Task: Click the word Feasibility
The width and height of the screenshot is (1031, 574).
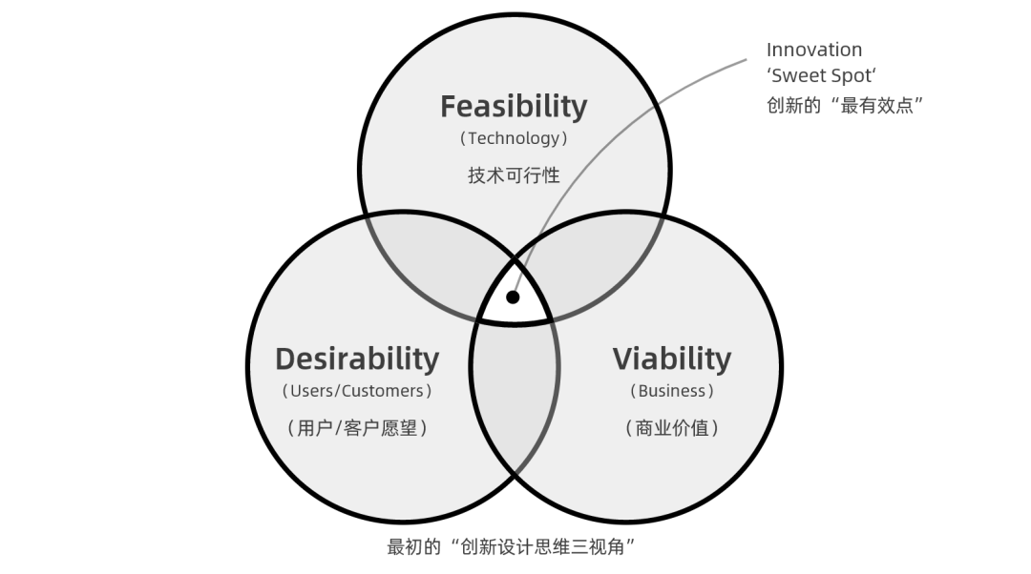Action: [514, 106]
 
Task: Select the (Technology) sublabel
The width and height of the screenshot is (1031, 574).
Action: [514, 138]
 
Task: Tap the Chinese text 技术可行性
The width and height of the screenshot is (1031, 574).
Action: [514, 175]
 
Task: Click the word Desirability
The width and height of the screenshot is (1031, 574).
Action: [357, 359]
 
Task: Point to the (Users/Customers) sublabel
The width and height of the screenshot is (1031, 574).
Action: [357, 391]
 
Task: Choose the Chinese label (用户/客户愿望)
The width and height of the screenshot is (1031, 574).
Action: [357, 428]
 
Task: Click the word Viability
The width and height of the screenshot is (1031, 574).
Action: [671, 359]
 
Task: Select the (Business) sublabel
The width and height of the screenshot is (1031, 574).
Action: [671, 391]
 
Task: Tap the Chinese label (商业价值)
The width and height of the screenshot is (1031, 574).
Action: [671, 428]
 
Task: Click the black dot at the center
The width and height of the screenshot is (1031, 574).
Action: [513, 297]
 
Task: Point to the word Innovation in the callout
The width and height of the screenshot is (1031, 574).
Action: [813, 50]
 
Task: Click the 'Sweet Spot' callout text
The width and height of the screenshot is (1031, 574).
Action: [821, 76]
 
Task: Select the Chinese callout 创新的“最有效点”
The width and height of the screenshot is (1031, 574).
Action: [845, 105]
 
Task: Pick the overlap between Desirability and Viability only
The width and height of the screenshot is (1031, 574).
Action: [514, 400]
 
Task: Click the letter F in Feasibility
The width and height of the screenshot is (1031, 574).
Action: [449, 106]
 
